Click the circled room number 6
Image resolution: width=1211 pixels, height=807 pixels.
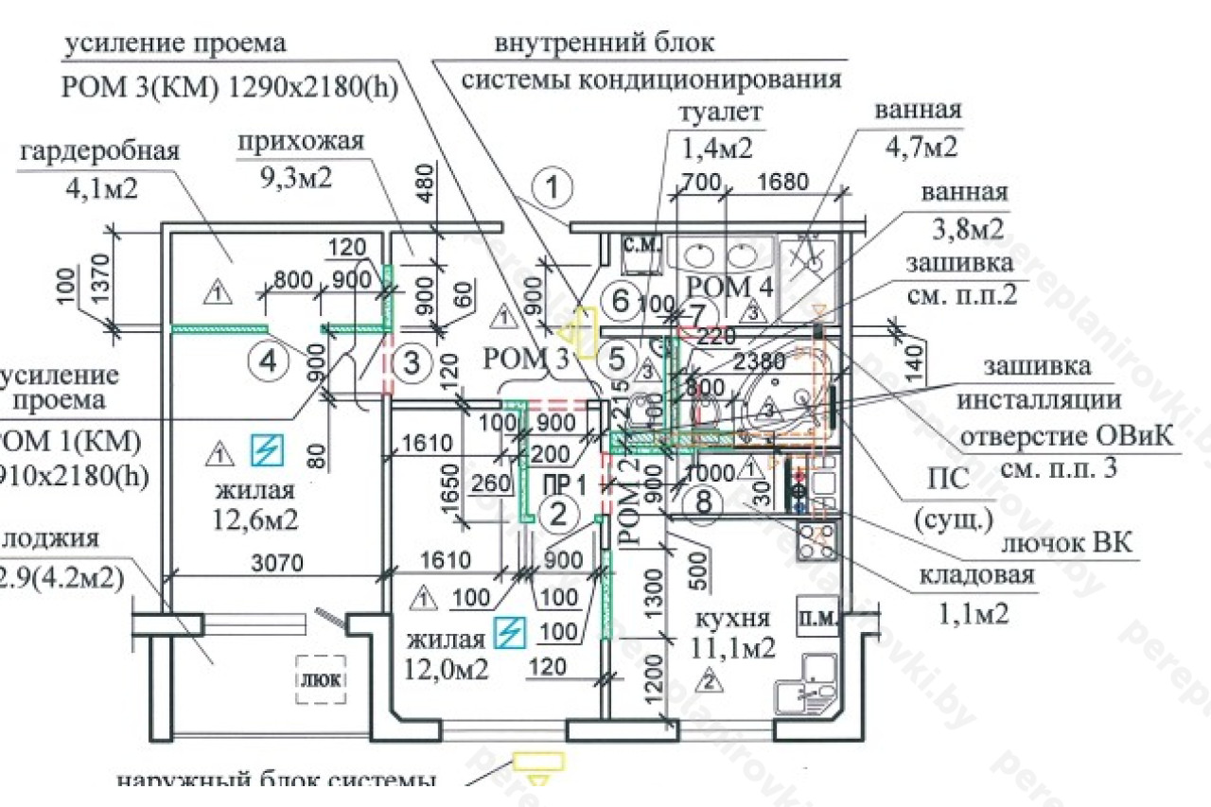[620, 301]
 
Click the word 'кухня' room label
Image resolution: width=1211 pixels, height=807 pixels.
[732, 620]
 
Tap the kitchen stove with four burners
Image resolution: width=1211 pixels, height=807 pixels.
[816, 540]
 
